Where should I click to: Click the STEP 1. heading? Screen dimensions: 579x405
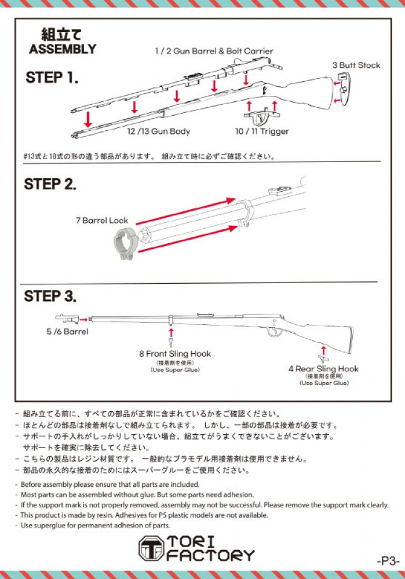click(x=52, y=78)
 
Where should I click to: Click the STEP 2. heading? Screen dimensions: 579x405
click(x=50, y=185)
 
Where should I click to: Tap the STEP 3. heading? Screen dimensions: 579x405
click(x=50, y=296)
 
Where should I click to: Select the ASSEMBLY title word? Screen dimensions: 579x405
click(x=63, y=49)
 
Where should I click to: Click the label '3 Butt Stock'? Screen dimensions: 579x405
click(x=356, y=65)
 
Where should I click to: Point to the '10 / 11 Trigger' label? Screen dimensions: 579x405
click(x=261, y=131)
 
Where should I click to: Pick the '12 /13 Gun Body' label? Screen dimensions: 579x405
click(x=158, y=131)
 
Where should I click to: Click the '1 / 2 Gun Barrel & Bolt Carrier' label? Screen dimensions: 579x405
click(x=214, y=51)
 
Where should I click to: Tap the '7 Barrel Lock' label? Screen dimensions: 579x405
click(x=101, y=221)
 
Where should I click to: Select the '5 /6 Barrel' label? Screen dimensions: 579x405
click(x=67, y=332)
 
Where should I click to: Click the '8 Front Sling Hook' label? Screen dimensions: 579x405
click(x=175, y=354)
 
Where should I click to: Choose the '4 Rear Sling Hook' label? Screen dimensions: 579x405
click(x=323, y=369)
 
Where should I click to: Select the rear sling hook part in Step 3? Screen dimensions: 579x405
click(x=323, y=351)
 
